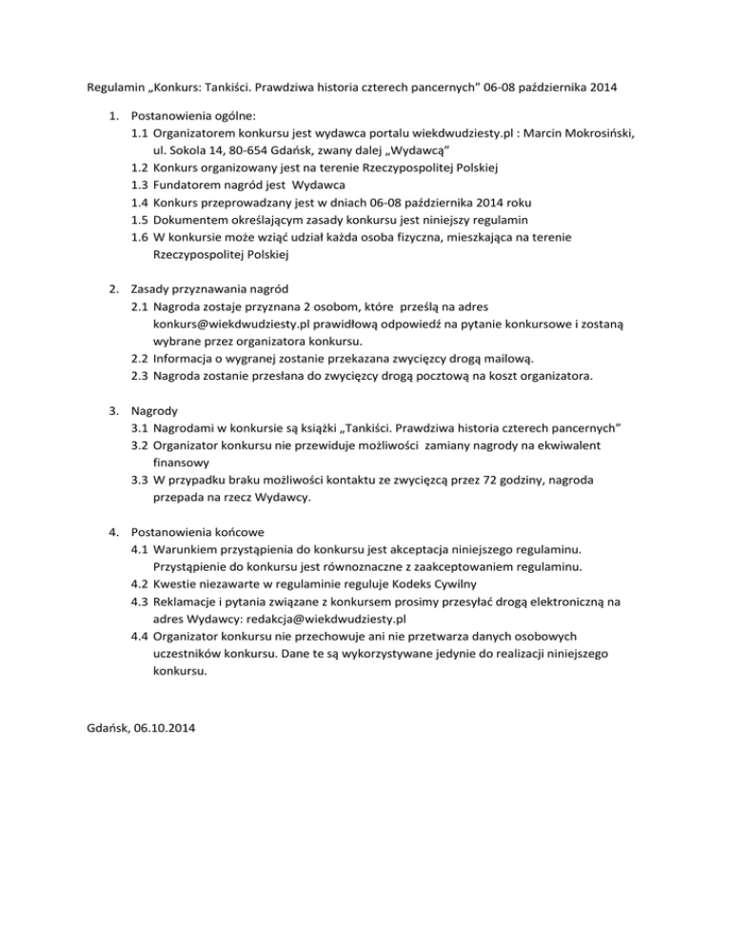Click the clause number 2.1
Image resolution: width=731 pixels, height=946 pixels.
point(139,307)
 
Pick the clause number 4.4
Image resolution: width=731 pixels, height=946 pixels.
point(139,637)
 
